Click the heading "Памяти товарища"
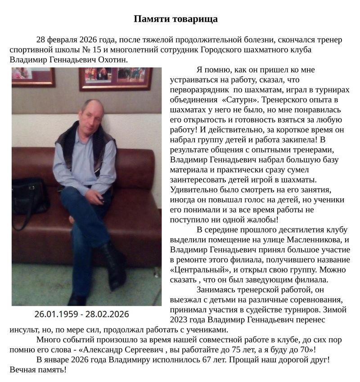coord(176,19)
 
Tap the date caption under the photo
coord(81,314)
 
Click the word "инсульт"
coord(23,330)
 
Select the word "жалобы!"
coord(261,220)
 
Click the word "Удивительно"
coord(193,190)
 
